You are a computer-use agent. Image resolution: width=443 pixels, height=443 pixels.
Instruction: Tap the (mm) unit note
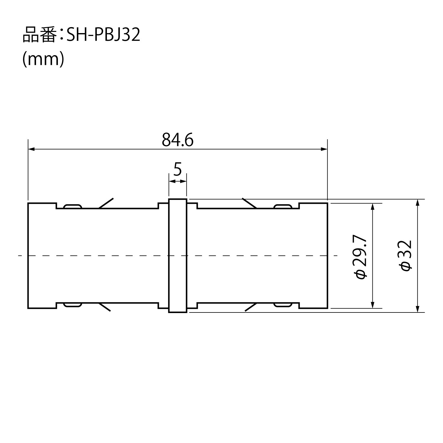43,59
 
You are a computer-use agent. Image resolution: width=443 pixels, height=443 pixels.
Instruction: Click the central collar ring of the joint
177,256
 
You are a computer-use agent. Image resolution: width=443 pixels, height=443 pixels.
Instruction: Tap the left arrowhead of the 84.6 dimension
31,149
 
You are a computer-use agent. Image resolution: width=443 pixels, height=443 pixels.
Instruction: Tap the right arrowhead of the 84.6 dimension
324,149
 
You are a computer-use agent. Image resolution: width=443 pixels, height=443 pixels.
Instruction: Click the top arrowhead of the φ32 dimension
417,203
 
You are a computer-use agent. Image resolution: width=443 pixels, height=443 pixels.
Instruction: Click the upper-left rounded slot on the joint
73,206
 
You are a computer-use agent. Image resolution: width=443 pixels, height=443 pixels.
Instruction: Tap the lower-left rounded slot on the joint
73,305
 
